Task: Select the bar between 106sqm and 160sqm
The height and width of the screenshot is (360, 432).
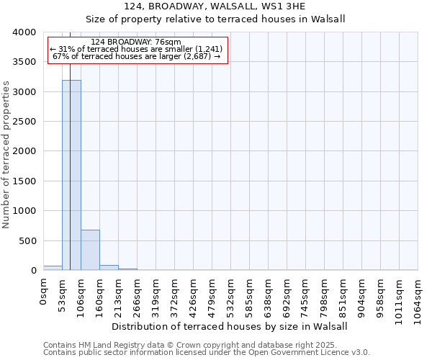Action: [x=90, y=250]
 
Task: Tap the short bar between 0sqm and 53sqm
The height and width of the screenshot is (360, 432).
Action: [x=53, y=268]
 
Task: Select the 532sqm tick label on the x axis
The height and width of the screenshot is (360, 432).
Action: [x=231, y=297]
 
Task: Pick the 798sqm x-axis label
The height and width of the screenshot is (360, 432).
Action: [x=325, y=297]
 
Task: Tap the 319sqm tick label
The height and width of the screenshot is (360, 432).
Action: [x=156, y=297]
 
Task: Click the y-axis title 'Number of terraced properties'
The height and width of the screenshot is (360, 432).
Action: [x=6, y=154]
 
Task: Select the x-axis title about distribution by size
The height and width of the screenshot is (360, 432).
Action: [x=230, y=326]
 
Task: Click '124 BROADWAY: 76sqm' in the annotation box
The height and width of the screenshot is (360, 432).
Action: [x=137, y=42]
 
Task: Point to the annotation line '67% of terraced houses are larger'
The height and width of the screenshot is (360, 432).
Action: [x=137, y=56]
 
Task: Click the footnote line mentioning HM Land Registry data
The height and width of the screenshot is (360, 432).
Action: [x=201, y=345]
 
